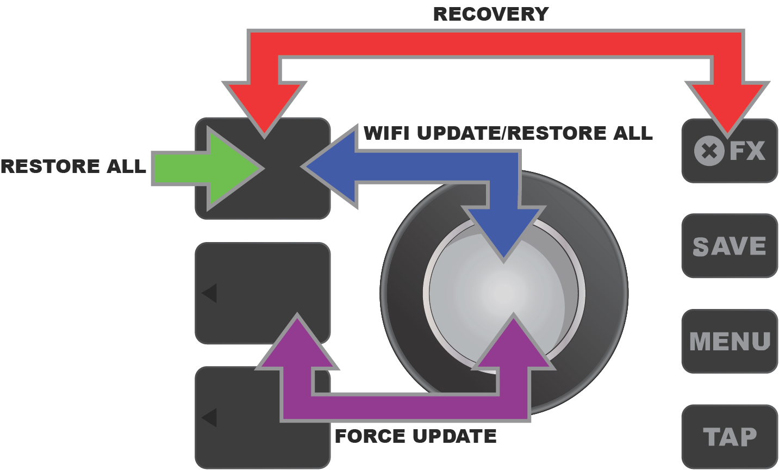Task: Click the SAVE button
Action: coord(730,246)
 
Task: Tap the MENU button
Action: coord(730,341)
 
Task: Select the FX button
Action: coord(730,151)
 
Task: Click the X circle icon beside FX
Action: coord(709,151)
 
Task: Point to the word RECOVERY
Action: coord(490,14)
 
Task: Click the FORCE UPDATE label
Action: coord(415,436)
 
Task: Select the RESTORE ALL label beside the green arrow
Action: coord(73,166)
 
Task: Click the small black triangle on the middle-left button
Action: coord(210,293)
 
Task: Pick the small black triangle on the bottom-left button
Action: coord(210,418)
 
